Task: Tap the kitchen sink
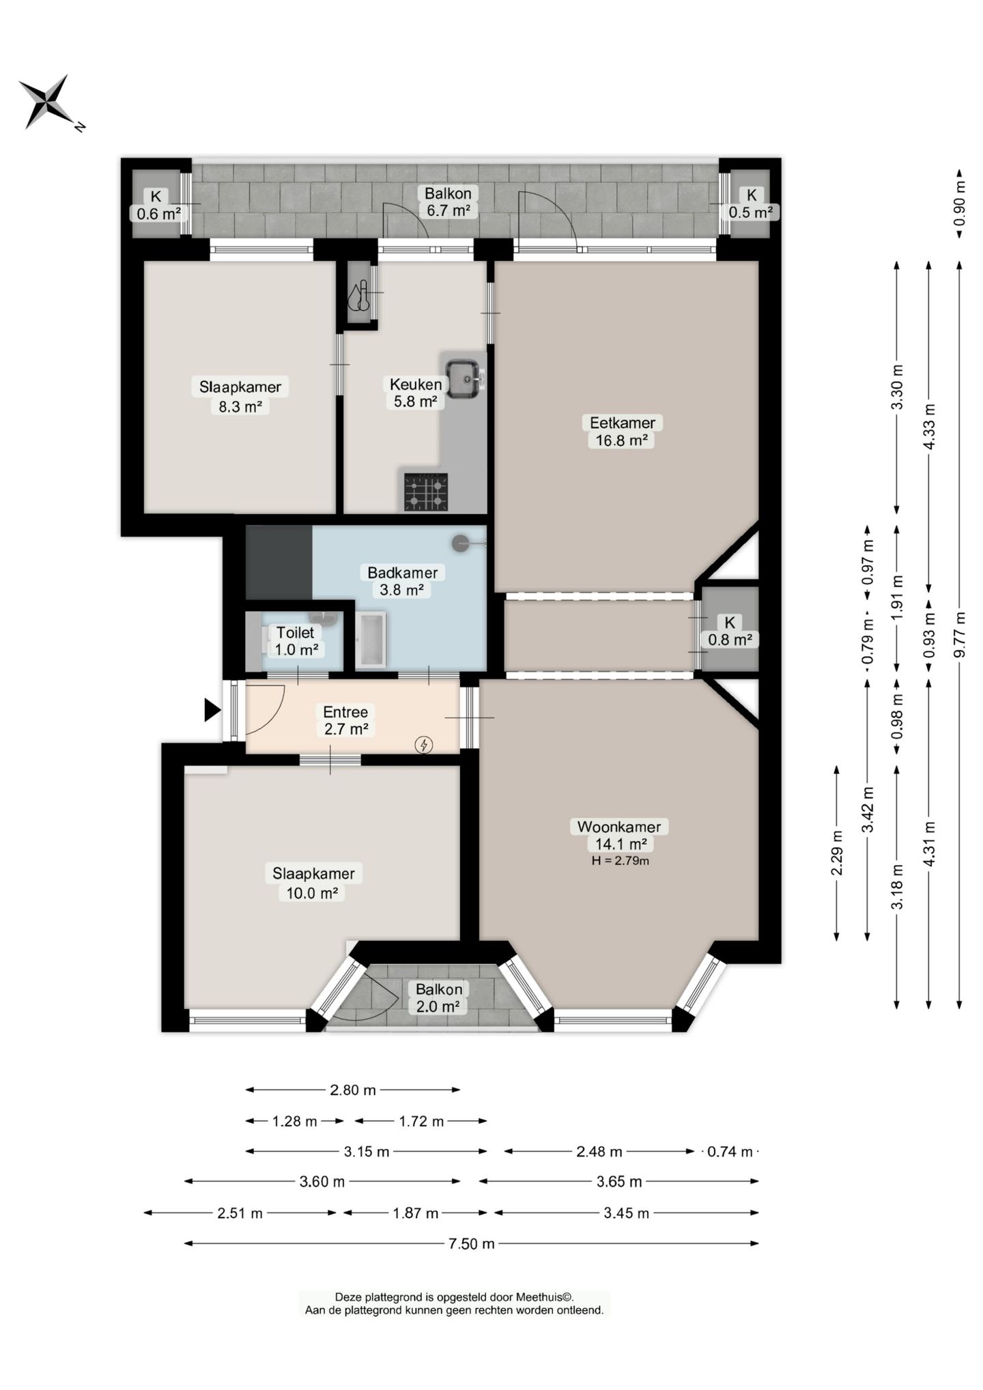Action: (465, 378)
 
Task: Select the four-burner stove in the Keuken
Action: (426, 492)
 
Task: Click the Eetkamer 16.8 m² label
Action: (622, 431)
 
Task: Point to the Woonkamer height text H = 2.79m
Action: (620, 860)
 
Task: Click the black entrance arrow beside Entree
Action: (212, 710)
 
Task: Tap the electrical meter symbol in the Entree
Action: (424, 744)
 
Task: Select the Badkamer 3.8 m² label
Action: (402, 581)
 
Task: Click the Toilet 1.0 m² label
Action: (296, 641)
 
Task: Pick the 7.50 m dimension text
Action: (471, 1243)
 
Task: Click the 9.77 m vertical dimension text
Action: (959, 634)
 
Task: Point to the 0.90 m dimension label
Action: (959, 203)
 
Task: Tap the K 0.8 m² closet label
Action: (730, 631)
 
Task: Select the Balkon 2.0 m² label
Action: (439, 997)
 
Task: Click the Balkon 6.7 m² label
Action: (448, 201)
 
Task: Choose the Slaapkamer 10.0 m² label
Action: (313, 883)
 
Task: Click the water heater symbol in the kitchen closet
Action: (359, 295)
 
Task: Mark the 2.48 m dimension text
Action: (599, 1152)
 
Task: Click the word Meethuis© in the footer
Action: (545, 1297)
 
